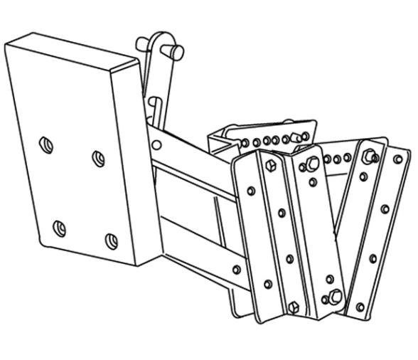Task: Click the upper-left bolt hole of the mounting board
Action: [x=46, y=144]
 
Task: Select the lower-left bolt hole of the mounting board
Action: [x=60, y=228]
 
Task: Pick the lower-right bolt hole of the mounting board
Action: [x=112, y=241]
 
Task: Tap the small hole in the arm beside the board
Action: [x=157, y=145]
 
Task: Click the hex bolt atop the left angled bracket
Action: [x=269, y=165]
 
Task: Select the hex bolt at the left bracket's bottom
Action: [x=294, y=307]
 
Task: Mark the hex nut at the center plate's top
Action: [x=311, y=166]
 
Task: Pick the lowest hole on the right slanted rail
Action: [x=360, y=307]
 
